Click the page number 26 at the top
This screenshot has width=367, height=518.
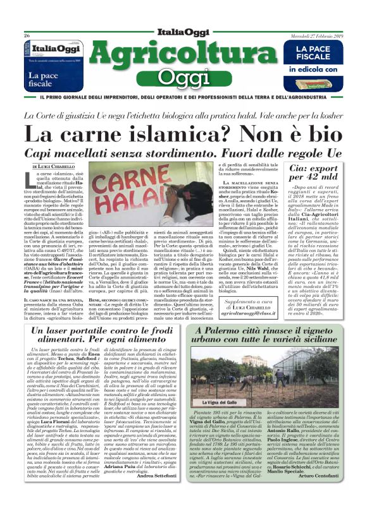[x=27, y=36]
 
